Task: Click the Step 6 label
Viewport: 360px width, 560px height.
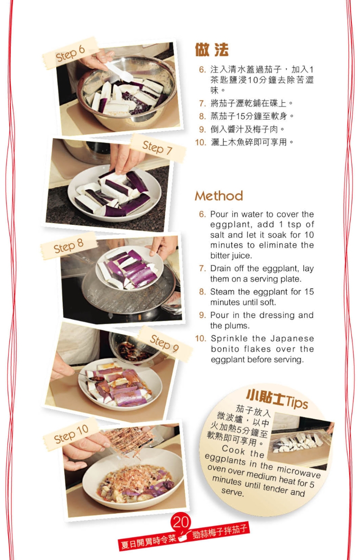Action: (x=70, y=53)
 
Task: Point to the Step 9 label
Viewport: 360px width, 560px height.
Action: (x=164, y=343)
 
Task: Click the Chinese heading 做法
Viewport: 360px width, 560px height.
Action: (x=211, y=49)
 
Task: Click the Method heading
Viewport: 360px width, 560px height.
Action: (x=219, y=196)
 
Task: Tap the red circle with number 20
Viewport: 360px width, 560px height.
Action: (x=181, y=522)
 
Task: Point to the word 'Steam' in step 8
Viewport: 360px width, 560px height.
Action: (x=222, y=292)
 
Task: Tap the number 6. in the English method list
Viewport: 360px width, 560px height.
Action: (x=202, y=215)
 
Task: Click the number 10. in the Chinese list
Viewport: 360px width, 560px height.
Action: (x=200, y=143)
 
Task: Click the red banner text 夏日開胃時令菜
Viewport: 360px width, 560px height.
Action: (x=148, y=542)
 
